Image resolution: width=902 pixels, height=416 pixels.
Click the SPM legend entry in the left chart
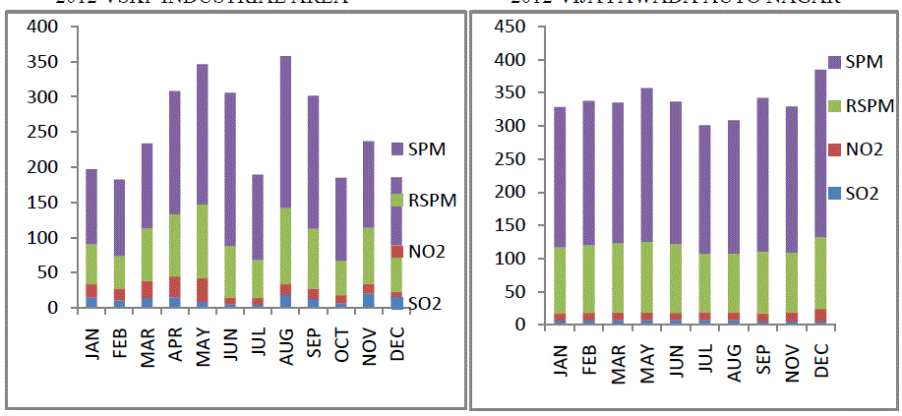[x=427, y=149]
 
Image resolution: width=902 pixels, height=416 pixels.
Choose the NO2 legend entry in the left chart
[x=427, y=251]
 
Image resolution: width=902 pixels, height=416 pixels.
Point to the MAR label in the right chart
[x=619, y=361]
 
